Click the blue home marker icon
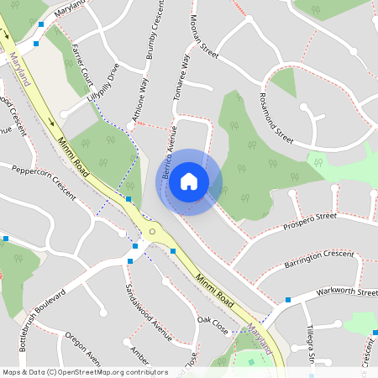click(189, 181)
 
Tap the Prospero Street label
click(309, 221)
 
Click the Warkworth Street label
click(347, 293)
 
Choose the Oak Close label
click(213, 325)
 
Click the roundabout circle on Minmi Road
click(152, 230)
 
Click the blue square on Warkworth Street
click(288, 299)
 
